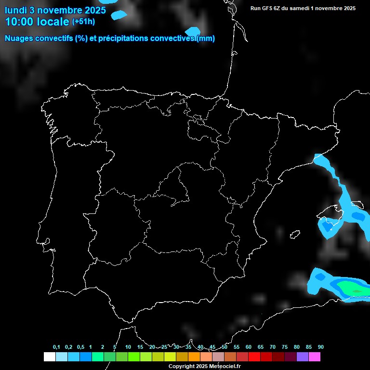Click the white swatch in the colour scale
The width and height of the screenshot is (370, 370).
pyautogui.click(x=49, y=357)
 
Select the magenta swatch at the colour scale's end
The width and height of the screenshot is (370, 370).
pyautogui.click(x=315, y=357)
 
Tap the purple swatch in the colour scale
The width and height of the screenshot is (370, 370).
pyautogui.click(x=303, y=357)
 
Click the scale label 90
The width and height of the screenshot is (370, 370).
pyautogui.click(x=320, y=347)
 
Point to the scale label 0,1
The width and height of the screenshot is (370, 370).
pyautogui.click(x=56, y=347)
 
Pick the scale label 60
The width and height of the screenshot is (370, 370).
pyautogui.click(x=249, y=347)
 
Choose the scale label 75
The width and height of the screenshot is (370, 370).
pyautogui.click(x=285, y=347)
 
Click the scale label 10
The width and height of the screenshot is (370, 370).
pyautogui.click(x=128, y=347)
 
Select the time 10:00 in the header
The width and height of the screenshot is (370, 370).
pyautogui.click(x=19, y=21)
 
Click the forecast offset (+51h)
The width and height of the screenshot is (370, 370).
pyautogui.click(x=83, y=21)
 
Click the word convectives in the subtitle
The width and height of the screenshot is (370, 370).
pyautogui.click(x=176, y=39)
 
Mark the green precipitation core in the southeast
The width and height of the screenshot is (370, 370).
pyautogui.click(x=356, y=291)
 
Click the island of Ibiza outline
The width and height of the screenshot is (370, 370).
pyautogui.click(x=295, y=235)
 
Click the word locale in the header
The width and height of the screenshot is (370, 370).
pyautogui.click(x=53, y=21)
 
